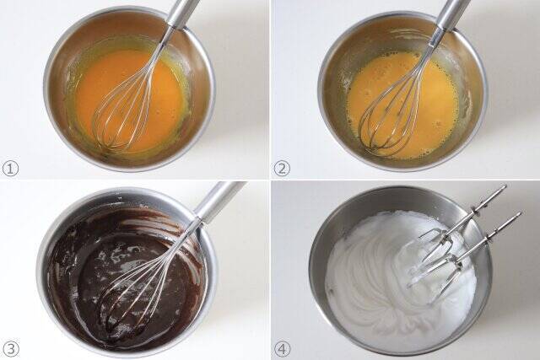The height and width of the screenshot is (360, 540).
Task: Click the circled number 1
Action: click(10, 169)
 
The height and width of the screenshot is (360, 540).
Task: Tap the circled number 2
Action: click(282, 169)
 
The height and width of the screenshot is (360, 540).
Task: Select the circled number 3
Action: click(10, 349)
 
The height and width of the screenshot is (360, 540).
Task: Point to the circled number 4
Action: click(282, 349)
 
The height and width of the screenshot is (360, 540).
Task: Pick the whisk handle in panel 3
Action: click(217, 202)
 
